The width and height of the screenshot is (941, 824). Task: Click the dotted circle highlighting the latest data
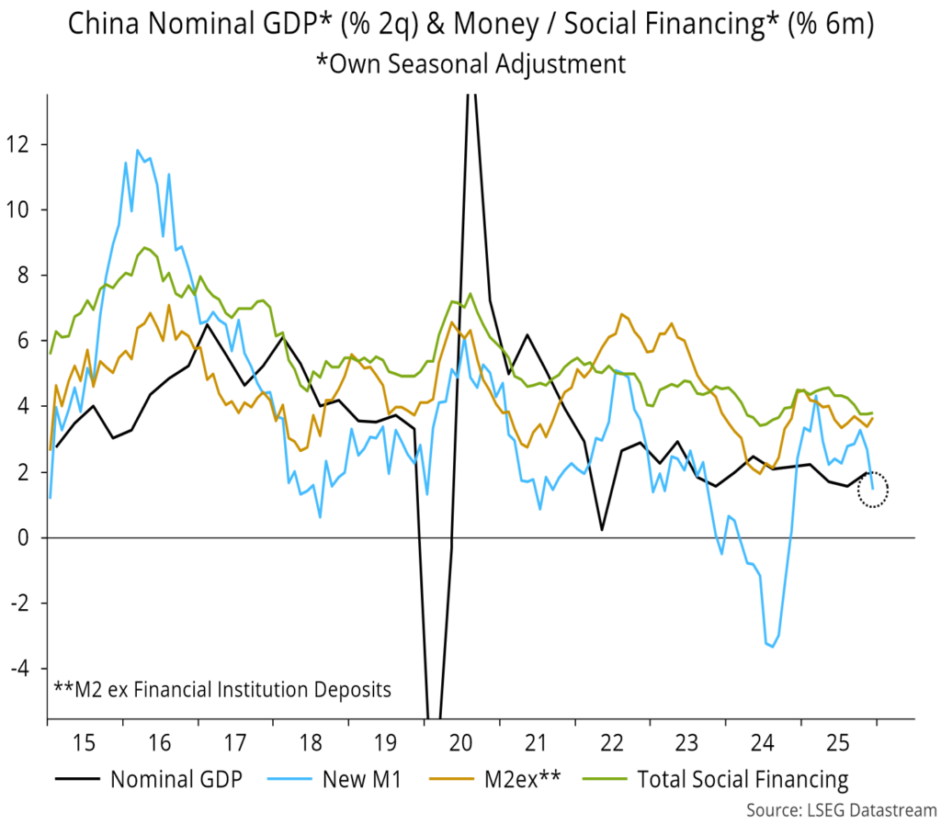point(873,489)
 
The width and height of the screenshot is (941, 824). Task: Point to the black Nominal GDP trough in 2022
point(601,530)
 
